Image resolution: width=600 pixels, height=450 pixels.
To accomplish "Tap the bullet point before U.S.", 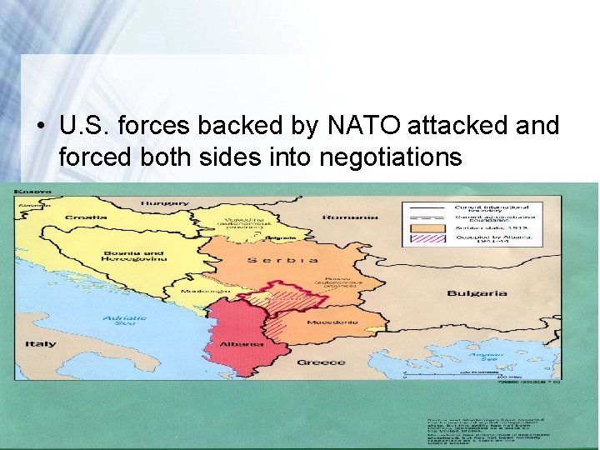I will (x=39, y=127).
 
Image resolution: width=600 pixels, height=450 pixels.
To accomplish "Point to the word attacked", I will (x=462, y=126).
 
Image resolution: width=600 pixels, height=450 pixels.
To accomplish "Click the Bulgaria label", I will (x=477, y=293).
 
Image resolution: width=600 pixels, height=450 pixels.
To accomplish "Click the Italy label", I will (x=40, y=343).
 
